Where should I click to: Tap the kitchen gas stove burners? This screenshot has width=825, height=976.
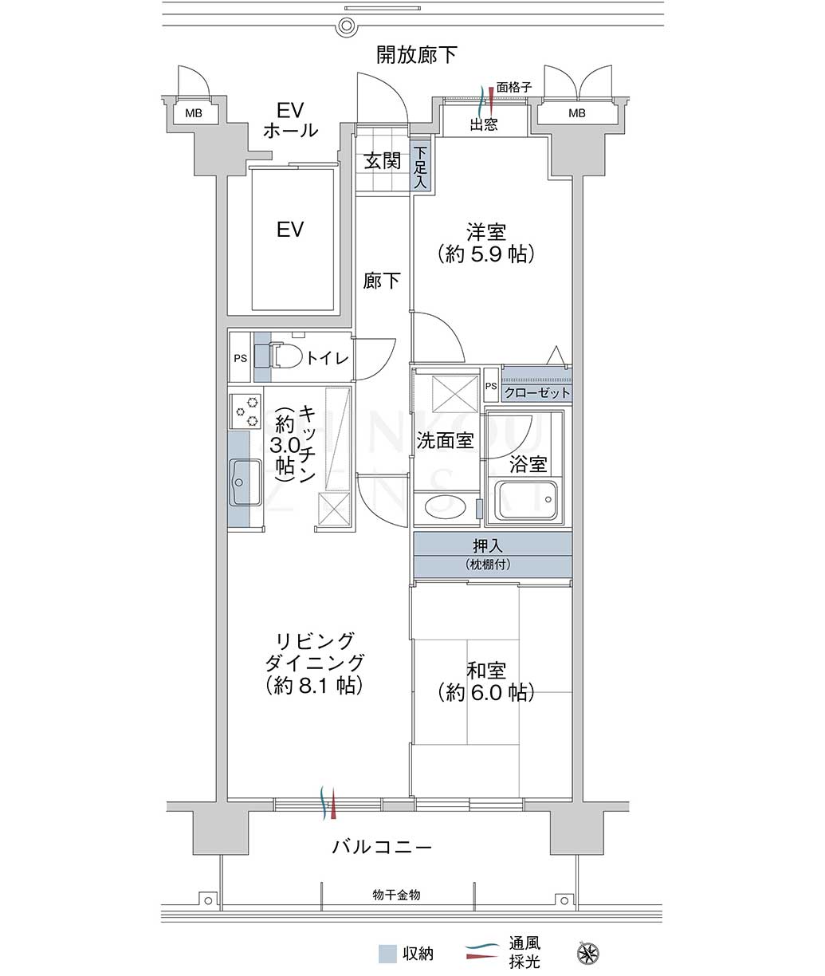tap(245, 411)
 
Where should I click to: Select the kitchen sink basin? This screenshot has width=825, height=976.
tap(245, 482)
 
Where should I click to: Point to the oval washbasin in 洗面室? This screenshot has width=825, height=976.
tap(446, 506)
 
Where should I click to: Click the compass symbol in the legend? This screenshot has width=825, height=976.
tap(588, 952)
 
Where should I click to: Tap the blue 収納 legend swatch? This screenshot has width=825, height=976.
tap(387, 954)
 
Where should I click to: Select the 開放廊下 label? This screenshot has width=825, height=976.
tap(416, 55)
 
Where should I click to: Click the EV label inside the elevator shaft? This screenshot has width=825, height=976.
tap(290, 230)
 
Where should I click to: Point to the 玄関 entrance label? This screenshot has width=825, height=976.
tap(382, 162)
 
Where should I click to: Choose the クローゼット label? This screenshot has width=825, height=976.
tap(536, 393)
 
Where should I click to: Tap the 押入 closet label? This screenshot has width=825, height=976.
tap(488, 546)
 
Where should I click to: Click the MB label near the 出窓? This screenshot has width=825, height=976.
tap(577, 113)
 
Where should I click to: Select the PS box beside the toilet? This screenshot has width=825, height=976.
tap(240, 357)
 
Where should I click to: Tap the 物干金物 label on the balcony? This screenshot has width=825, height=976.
tap(396, 895)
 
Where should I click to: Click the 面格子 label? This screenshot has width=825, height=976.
tap(514, 88)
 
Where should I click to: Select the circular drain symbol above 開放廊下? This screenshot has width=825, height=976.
tap(347, 24)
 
